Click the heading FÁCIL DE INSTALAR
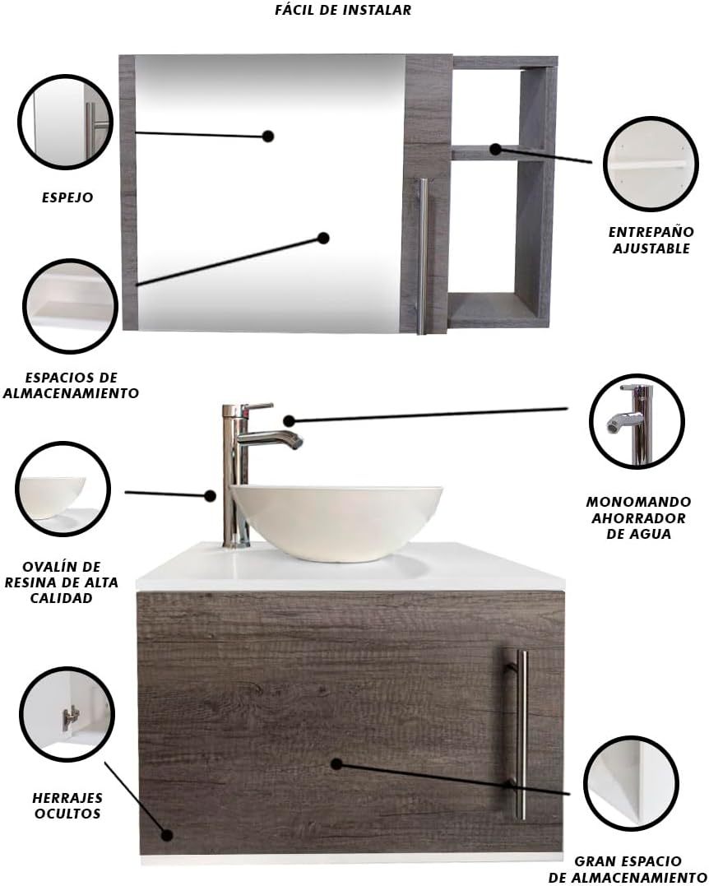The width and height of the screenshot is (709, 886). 343,10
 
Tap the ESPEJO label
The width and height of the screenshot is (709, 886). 67,197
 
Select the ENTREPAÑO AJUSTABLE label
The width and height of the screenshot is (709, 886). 651,240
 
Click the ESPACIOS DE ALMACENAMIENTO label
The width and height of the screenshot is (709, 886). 71,385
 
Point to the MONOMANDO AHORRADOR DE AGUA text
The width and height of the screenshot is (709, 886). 638,517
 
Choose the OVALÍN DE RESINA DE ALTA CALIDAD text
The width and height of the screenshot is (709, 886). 62,582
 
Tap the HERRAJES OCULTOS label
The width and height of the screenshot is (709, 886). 67,805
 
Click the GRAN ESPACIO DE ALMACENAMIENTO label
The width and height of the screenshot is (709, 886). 627,870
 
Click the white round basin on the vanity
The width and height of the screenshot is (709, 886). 336,522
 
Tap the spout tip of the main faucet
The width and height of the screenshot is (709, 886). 297,443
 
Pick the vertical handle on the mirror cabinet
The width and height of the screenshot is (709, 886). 422,256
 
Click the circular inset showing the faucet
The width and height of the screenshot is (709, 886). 637,421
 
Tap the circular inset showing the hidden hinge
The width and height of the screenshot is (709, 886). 67,714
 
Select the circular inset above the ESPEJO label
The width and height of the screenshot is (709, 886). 65,122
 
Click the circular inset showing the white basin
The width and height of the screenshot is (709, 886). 63,489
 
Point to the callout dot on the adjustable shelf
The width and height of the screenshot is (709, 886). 495,149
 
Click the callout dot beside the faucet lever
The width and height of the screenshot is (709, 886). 290,420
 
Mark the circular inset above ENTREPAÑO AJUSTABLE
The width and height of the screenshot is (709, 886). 651,164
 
